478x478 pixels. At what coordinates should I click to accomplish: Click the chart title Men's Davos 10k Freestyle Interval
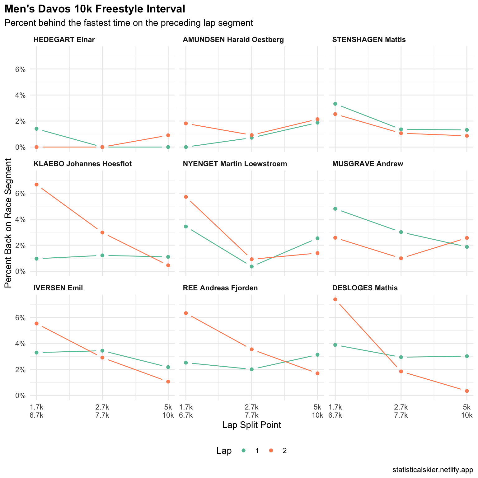pyautogui.click(x=95, y=9)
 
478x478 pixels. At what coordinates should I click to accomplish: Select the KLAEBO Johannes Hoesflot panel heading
pyautogui.click(x=82, y=164)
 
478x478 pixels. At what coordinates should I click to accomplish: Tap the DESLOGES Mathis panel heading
pyautogui.click(x=365, y=288)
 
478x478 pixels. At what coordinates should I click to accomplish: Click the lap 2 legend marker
pyautogui.click(x=271, y=451)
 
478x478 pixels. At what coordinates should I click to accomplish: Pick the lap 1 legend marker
pyautogui.click(x=244, y=451)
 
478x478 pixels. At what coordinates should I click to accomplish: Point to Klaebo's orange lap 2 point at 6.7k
pyautogui.click(x=36, y=185)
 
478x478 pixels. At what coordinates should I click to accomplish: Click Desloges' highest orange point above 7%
pyautogui.click(x=335, y=299)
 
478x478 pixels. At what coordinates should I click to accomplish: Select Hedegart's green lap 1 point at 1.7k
pyautogui.click(x=36, y=129)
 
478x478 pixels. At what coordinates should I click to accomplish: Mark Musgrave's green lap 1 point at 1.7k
pyautogui.click(x=335, y=209)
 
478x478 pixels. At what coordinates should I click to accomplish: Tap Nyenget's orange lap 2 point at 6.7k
pyautogui.click(x=186, y=197)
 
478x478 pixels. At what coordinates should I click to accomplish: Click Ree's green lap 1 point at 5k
pyautogui.click(x=317, y=355)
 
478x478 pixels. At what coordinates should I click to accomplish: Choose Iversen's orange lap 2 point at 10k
pyautogui.click(x=168, y=382)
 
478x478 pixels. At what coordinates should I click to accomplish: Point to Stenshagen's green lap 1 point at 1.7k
pyautogui.click(x=335, y=104)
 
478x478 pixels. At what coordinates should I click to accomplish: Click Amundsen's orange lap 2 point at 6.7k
pyautogui.click(x=186, y=124)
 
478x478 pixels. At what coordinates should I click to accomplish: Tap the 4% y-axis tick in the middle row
pyautogui.click(x=20, y=219)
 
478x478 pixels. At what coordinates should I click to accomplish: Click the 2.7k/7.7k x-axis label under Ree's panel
pyautogui.click(x=251, y=411)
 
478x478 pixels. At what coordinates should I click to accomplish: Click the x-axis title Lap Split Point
pyautogui.click(x=251, y=425)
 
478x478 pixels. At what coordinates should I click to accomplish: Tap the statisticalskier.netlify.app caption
pyautogui.click(x=433, y=470)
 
